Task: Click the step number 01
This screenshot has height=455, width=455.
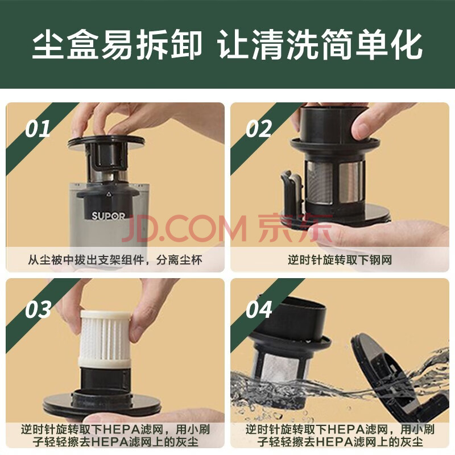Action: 38,129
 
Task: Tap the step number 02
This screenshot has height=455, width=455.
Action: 259,129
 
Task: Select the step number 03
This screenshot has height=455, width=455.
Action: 38,309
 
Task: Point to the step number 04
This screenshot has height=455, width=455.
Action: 259,309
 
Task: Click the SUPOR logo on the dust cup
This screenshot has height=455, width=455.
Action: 108,216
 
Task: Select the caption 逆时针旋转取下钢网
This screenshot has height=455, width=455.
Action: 340,260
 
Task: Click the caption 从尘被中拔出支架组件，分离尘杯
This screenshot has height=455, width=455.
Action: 115,260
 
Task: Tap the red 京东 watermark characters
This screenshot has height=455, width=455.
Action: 295,229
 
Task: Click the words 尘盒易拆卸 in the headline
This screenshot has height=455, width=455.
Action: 117,45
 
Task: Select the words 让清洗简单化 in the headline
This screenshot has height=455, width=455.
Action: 320,45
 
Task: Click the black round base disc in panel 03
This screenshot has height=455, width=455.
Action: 102,404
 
